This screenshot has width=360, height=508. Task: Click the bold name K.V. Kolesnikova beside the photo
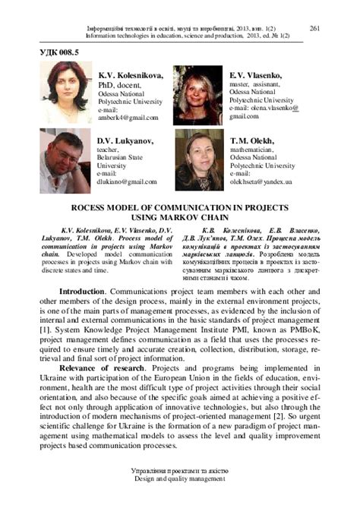pyautogui.click(x=131, y=76)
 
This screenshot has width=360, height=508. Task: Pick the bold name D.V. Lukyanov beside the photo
pyautogui.click(x=125, y=140)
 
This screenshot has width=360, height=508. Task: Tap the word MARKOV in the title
pyautogui.click(x=206, y=215)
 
